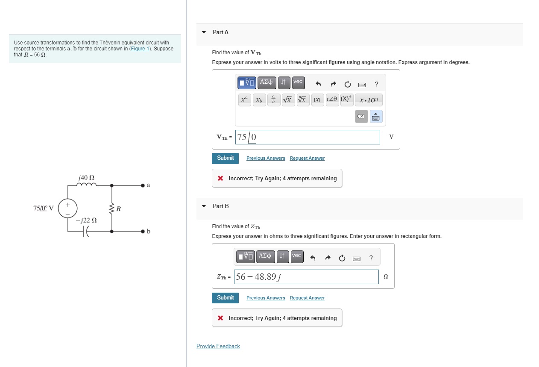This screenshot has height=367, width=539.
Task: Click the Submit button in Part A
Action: coord(225,158)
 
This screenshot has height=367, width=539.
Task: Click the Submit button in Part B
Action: coord(225,298)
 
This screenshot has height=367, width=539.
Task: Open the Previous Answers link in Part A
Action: coord(266,159)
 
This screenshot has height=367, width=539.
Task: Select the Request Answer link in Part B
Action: coord(307,298)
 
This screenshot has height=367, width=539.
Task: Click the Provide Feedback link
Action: coord(218,346)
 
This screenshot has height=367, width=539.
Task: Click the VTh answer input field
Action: coord(308,137)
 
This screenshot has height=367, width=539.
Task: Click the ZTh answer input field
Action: coord(306,277)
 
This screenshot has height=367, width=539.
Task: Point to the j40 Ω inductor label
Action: coord(87,177)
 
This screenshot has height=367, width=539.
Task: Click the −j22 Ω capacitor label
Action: coord(87,220)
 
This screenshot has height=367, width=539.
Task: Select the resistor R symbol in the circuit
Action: coord(112,208)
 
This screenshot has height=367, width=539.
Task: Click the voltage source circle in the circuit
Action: coord(67,208)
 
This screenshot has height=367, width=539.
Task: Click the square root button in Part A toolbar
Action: coord(288,100)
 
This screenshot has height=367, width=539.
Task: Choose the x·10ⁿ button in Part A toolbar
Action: coord(369,100)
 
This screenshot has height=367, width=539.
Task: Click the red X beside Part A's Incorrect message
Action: coord(220,179)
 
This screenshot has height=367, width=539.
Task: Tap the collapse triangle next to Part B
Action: coord(204,206)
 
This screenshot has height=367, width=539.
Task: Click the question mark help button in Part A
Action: coord(376,84)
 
